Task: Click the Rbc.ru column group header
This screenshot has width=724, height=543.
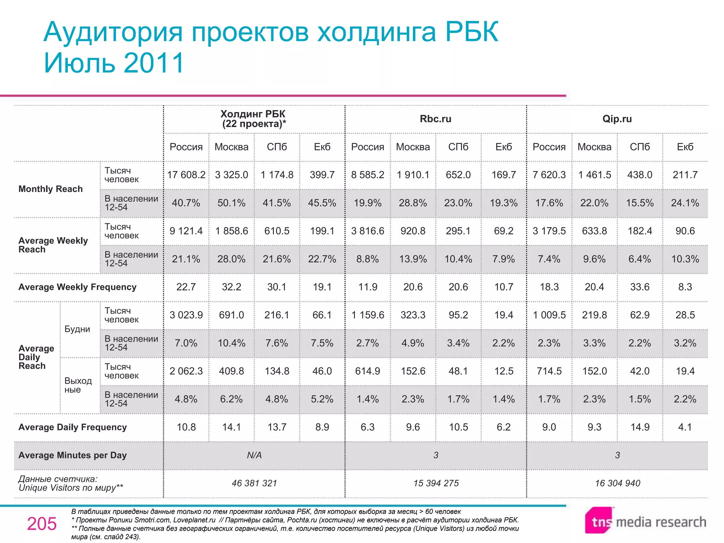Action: tap(435, 119)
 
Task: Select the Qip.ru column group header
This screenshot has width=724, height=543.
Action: tap(617, 119)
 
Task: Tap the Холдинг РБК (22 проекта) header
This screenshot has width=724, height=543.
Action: tap(253, 119)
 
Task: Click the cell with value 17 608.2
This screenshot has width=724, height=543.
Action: tap(186, 175)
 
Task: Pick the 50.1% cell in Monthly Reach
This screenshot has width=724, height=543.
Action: tap(231, 203)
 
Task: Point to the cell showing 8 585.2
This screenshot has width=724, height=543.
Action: tap(367, 175)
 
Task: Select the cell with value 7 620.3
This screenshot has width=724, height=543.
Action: tap(549, 175)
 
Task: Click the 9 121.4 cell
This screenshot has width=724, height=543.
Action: tap(186, 231)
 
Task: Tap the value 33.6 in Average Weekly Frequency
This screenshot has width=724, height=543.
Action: tap(640, 287)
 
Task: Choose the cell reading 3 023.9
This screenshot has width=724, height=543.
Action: tap(186, 315)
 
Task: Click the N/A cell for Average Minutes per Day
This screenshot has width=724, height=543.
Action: tap(254, 455)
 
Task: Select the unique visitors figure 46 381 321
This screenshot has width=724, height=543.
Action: tap(254, 483)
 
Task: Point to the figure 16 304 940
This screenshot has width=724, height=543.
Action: tap(617, 483)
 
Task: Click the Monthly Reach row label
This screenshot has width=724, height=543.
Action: tap(51, 189)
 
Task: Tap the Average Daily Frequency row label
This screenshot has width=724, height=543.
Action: tap(72, 427)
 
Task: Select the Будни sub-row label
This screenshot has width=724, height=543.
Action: tap(77, 329)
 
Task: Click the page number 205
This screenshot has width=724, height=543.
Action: tap(42, 524)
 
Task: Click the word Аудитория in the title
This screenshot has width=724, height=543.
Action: tap(113, 32)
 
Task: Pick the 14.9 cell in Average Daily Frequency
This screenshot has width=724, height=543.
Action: tap(640, 427)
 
